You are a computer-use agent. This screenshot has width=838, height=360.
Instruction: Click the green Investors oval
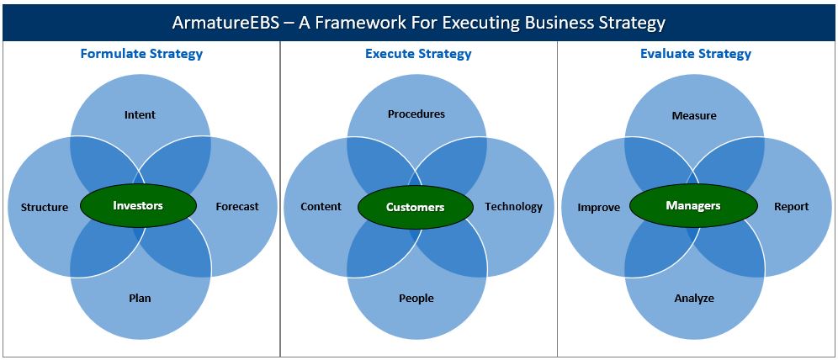point(139,205)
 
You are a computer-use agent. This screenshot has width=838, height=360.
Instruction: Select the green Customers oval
point(416,207)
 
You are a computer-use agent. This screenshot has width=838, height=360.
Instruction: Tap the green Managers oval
point(693,205)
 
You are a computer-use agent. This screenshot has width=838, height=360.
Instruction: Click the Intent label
point(140,115)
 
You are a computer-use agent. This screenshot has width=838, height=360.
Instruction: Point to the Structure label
point(45,207)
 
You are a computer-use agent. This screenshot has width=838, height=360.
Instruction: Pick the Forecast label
point(237,207)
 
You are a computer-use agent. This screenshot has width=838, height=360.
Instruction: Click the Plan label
point(140,298)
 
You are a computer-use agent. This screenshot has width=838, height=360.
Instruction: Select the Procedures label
point(416,114)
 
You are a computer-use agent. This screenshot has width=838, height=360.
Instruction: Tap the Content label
point(321,207)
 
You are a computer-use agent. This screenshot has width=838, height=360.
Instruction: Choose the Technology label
point(513,207)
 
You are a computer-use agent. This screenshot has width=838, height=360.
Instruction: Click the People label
point(416,298)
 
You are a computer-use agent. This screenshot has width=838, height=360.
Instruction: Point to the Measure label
point(694,115)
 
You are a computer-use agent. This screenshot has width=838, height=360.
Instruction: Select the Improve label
point(598,207)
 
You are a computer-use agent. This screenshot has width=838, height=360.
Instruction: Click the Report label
point(792,207)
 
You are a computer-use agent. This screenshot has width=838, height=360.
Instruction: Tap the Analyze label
point(694,298)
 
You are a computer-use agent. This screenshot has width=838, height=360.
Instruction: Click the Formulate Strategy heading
point(141,54)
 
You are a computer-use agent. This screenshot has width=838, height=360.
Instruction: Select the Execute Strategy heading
point(418,54)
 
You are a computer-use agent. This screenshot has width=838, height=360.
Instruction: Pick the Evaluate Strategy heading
point(696,54)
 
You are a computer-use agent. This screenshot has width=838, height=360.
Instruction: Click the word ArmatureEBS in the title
point(225,23)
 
